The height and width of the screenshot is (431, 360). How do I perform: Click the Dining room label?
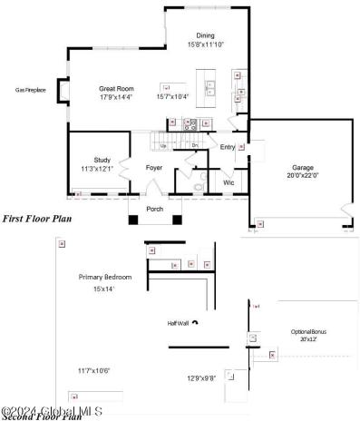pyautogui.click(x=206, y=35)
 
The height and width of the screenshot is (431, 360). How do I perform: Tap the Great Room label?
pyautogui.click(x=117, y=89)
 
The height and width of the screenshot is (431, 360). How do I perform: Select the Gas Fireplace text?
pyautogui.click(x=32, y=90)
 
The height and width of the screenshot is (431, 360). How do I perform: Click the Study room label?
pyautogui.click(x=102, y=160)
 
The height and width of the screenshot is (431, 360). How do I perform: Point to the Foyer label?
pyautogui.click(x=154, y=167)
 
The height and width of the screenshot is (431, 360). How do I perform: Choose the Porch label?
pyautogui.click(x=155, y=209)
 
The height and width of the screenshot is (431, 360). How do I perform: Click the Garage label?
pyautogui.click(x=302, y=167)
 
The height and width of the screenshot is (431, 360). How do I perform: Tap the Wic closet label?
pyautogui.click(x=229, y=182)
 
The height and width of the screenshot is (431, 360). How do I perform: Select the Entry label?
pyautogui.click(x=227, y=147)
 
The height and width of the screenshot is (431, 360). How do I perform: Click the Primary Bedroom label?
pyautogui.click(x=105, y=277)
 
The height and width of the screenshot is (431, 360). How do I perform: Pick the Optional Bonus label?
pyautogui.click(x=308, y=331)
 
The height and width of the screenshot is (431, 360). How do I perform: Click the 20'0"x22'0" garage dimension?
pyautogui.click(x=302, y=175)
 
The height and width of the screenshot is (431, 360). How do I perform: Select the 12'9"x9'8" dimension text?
pyautogui.click(x=201, y=378)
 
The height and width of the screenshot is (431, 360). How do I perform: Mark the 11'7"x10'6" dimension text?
pyautogui.click(x=94, y=370)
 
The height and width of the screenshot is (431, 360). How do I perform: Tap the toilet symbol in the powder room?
pyautogui.click(x=199, y=188)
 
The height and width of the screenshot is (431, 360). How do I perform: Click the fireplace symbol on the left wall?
pyautogui.click(x=63, y=91)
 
